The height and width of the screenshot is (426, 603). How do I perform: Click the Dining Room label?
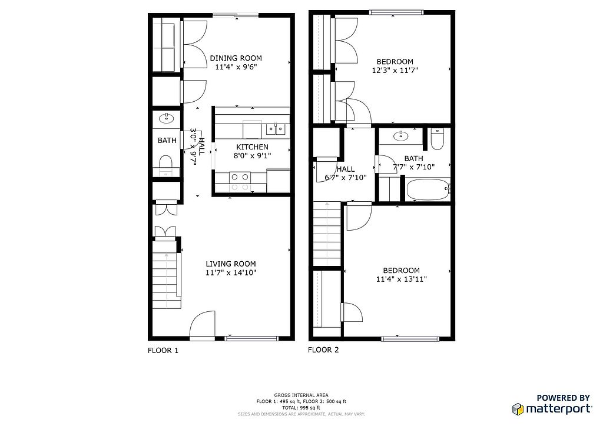pos(236,58)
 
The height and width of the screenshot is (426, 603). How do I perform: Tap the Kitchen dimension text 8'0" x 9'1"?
pos(252,155)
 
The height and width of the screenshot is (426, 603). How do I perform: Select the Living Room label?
pos(231,264)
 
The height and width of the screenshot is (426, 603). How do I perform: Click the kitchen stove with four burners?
pos(240,182)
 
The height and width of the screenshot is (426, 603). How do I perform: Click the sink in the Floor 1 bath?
pos(167,118)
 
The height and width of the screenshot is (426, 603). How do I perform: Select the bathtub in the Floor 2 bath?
pos(428,189)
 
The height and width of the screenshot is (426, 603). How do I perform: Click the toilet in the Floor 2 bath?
pos(438,139)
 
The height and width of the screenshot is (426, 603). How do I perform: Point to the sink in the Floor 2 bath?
pos(401,135)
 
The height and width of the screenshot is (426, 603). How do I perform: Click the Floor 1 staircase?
pos(166,274)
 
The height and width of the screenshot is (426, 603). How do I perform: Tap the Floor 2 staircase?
pos(327,234)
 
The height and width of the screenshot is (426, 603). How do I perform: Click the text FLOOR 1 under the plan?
pos(163,350)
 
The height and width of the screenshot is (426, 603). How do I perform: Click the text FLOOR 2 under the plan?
pos(323,350)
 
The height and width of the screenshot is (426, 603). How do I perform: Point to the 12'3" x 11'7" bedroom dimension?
pos(395,70)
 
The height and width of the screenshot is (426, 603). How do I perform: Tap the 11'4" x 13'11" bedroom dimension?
pos(402,279)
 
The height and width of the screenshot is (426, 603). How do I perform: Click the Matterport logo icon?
pos(518,409)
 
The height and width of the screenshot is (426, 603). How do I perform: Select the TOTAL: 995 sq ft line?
pos(301,408)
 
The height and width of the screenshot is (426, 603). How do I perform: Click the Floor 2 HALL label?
pos(346,169)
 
